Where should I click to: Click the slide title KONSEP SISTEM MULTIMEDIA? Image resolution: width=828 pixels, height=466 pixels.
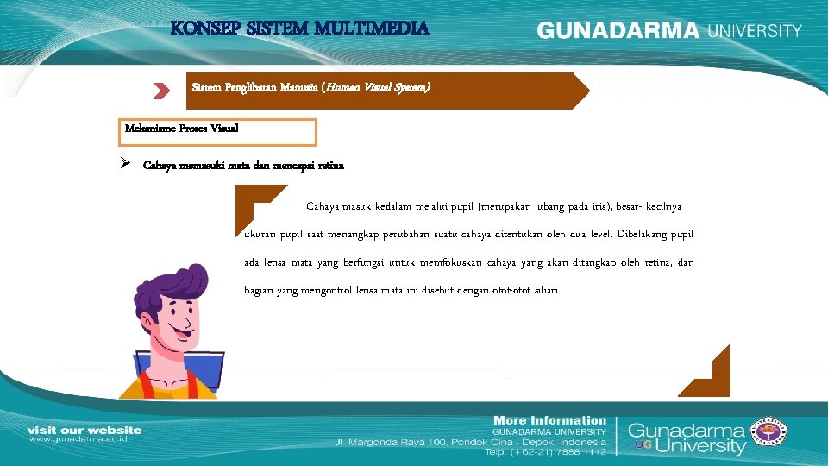(299, 28)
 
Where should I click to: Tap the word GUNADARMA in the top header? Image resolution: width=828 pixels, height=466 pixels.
(618, 30)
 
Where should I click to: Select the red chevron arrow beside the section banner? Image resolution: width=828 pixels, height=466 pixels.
(161, 90)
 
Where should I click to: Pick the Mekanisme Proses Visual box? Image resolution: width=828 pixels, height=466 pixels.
(220, 131)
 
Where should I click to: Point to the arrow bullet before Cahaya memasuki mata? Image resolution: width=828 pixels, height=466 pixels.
(126, 164)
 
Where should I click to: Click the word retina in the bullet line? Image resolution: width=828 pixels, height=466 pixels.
(330, 166)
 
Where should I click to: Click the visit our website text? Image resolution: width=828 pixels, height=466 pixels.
(85, 430)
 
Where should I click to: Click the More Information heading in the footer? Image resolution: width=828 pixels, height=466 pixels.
(549, 419)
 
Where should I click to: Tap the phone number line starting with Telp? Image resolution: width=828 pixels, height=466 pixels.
(545, 451)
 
